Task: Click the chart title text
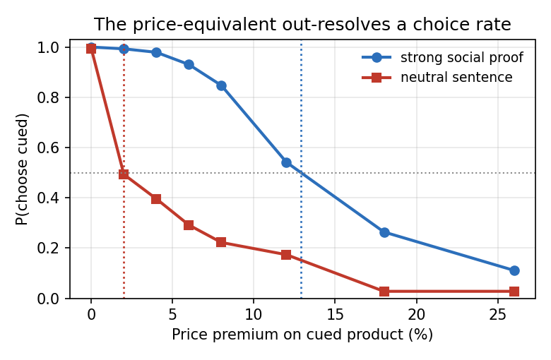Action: (302, 25)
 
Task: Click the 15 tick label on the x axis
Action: (335, 314)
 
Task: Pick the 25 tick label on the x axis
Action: (497, 314)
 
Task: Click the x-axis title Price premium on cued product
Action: (302, 335)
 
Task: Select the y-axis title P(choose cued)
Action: (21, 169)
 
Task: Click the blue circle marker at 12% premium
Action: (286, 162)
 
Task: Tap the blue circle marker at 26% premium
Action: (514, 270)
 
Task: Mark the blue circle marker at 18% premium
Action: (384, 232)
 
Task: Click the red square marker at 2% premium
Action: (124, 174)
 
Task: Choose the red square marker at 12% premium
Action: (286, 255)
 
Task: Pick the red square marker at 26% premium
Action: (514, 291)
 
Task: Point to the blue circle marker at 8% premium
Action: (221, 85)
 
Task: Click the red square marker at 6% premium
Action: (189, 224)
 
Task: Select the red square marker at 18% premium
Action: (384, 291)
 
